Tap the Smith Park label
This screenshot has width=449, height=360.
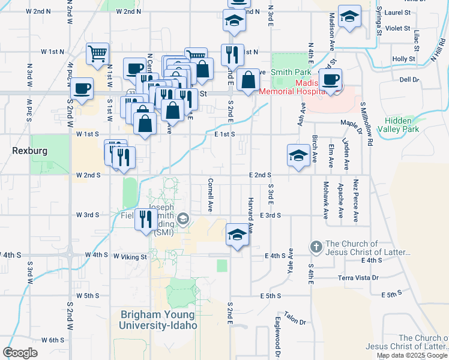point(291,71)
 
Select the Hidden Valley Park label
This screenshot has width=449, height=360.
point(402,124)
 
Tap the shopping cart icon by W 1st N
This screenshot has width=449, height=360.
point(97,53)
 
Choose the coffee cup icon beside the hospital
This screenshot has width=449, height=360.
point(330,79)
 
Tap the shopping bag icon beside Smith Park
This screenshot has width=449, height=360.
point(248,79)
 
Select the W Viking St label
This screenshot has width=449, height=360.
point(130,257)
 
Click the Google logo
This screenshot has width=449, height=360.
point(20,353)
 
